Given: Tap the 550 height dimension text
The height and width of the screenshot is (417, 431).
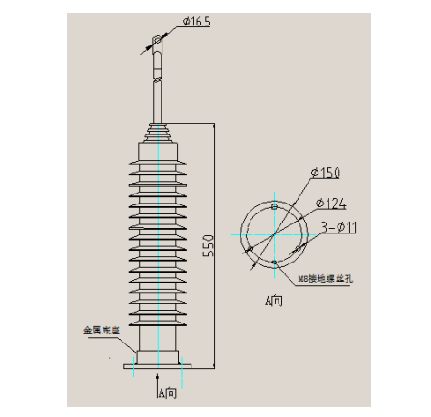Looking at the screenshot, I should point(209,243).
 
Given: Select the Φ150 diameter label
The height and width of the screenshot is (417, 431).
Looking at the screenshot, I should point(324,173).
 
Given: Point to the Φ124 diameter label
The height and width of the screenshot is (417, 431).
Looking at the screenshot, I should point(331,204).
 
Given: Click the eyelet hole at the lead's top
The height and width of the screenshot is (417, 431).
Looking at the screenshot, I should point(158,41).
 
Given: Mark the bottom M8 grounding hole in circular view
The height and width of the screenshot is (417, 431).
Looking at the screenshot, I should point(273,263).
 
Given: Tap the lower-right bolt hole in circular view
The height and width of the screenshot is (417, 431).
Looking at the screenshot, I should point(297,248).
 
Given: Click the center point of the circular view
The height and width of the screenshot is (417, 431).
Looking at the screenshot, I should point(273,233).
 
